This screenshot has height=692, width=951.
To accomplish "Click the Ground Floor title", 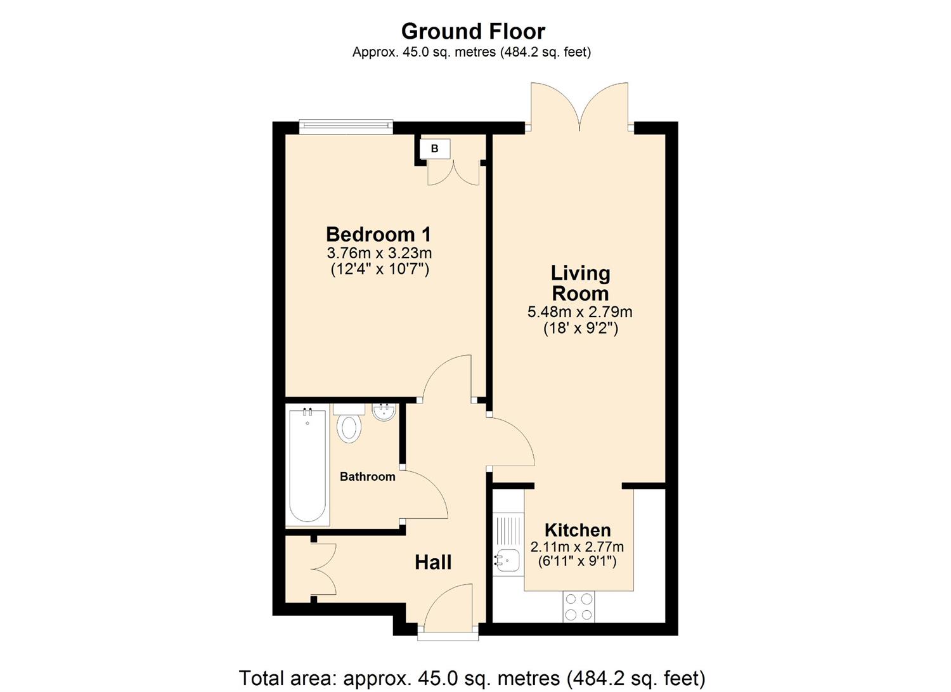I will coord(473,31).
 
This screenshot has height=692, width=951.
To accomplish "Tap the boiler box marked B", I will coord(435,149).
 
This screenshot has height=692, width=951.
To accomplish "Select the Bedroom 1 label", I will coord(378,234).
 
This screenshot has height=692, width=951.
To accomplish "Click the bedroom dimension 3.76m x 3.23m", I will coord(379,253).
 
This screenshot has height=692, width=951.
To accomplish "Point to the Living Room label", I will coord(580,283).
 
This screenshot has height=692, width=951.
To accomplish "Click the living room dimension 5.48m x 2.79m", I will coord(579,312).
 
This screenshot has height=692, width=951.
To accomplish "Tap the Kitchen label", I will coord(578,530).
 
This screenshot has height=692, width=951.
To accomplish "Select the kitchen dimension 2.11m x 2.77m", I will coord(577,547).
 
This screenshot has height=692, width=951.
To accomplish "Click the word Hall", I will coord(433,562).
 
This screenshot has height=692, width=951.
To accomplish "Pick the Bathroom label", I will coord(367,476).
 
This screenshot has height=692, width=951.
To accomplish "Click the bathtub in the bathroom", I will coord(307,466).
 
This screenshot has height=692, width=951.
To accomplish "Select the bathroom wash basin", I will coord(384,413).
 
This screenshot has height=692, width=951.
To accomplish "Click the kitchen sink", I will coord(507,560).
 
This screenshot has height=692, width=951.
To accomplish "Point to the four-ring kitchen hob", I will coord(579,606).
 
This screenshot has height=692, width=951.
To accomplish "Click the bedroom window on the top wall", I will coord(346,127).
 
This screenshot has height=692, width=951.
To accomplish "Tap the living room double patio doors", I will coord(580,108).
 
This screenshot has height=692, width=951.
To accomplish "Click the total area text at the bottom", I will coord(472,678).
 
